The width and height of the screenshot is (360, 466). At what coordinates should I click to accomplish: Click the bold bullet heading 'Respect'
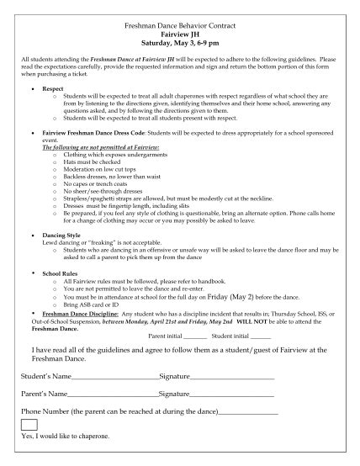pos(53,87)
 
